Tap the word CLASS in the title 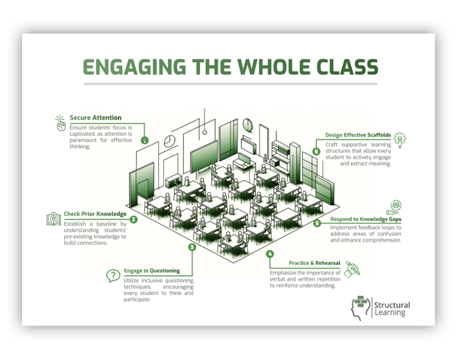(340, 68)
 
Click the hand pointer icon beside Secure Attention (59, 121)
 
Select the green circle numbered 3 (192, 246)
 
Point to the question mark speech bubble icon (112, 277)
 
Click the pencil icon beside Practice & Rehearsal (352, 268)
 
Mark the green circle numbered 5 (317, 223)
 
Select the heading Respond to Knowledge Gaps (366, 219)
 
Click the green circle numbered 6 (316, 151)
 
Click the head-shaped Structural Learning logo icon (358, 307)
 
